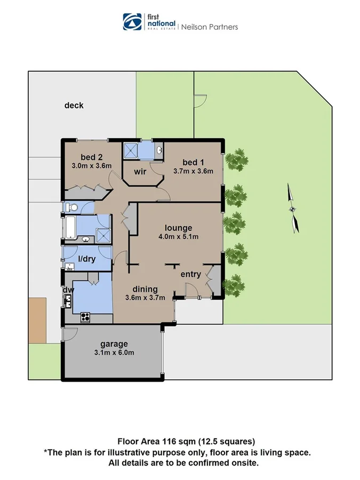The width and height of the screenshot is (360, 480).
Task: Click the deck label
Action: [74, 106]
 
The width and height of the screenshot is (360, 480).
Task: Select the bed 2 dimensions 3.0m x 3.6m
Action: [91, 166]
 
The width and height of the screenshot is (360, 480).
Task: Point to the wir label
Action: [140, 171]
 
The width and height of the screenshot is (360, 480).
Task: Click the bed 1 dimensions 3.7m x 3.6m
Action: [193, 171]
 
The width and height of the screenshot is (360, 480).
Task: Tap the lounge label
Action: [178, 228]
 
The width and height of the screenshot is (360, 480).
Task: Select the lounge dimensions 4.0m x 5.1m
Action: [178, 237]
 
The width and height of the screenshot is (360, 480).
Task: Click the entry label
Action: [190, 275]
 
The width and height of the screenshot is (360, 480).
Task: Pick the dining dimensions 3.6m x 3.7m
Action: [145, 298]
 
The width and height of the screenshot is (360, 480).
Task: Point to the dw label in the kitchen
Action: [68, 291]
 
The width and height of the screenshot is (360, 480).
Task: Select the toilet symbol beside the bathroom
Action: [71, 207]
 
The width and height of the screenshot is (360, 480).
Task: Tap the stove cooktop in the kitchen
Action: [86, 317]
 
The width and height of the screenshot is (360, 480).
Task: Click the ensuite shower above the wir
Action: [131, 151]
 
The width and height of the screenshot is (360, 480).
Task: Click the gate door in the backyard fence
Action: [200, 101]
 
